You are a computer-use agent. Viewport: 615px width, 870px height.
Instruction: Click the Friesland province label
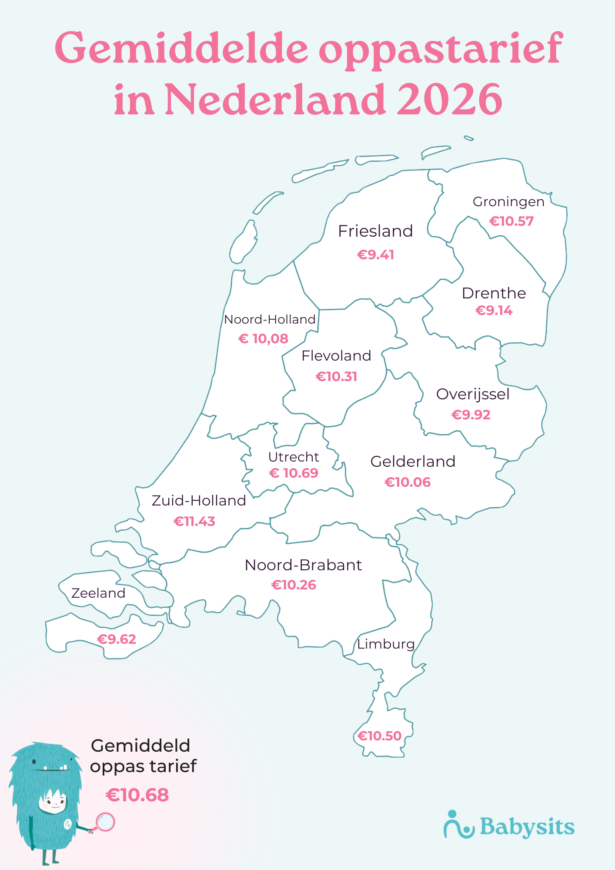[375, 231]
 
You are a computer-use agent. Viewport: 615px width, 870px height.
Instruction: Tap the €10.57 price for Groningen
[511, 221]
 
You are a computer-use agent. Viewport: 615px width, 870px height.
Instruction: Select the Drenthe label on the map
[494, 293]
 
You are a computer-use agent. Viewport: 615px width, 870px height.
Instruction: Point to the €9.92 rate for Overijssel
[471, 415]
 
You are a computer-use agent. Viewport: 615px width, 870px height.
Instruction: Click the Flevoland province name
[336, 356]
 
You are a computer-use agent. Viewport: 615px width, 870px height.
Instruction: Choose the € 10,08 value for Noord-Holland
[263, 338]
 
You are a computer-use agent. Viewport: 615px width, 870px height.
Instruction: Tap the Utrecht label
[294, 457]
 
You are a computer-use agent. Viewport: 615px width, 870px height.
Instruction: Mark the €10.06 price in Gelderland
[408, 482]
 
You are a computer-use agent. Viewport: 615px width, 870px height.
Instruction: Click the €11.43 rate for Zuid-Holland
[194, 521]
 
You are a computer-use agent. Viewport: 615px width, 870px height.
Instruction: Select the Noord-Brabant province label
[303, 565]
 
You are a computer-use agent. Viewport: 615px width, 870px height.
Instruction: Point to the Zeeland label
[98, 593]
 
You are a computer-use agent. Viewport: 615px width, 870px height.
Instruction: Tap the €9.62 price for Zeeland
[117, 639]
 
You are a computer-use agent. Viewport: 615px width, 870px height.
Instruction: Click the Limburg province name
[386, 644]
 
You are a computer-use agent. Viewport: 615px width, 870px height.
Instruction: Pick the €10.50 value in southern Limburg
[379, 736]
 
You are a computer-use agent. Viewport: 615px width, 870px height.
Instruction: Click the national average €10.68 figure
[137, 795]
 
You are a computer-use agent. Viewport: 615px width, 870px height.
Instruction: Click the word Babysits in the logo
[527, 826]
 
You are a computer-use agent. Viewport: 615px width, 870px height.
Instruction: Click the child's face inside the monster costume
[54, 800]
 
